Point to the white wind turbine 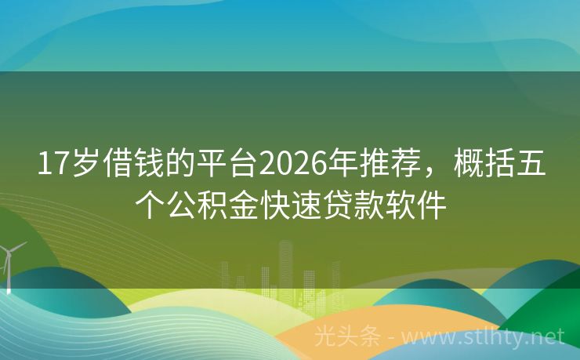click(10, 263)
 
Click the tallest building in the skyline click(285, 263)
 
